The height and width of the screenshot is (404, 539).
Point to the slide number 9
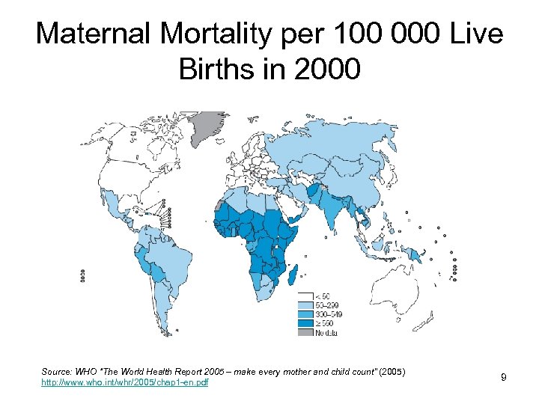coord(504,377)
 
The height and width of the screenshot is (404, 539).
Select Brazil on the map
coord(161,254)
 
